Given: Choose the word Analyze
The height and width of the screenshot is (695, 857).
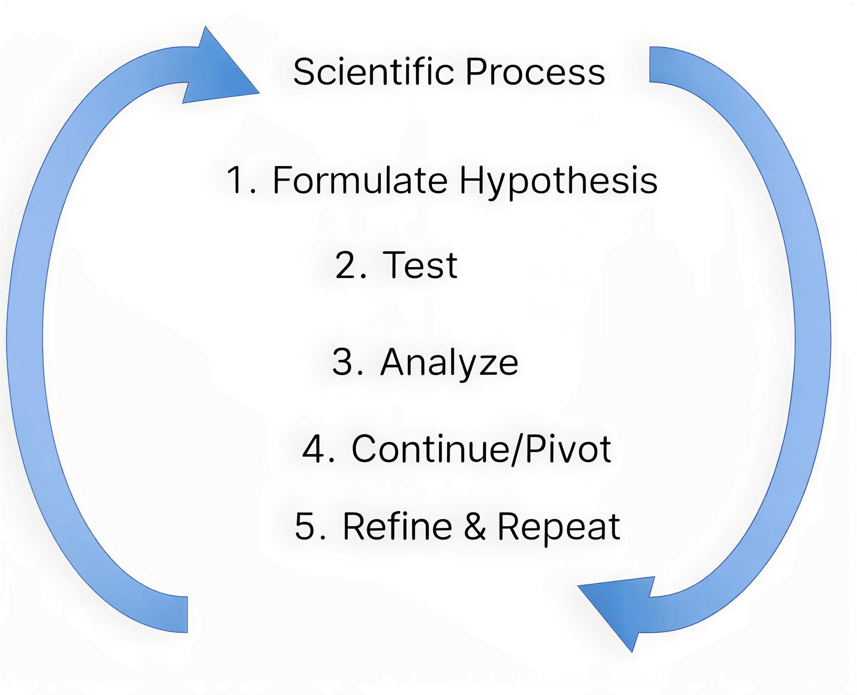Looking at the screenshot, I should (x=449, y=363).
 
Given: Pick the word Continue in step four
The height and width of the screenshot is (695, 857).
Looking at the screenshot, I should (x=431, y=449).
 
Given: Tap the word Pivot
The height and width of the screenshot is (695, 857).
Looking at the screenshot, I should (x=568, y=449).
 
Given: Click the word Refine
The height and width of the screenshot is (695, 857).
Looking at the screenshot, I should (x=398, y=527).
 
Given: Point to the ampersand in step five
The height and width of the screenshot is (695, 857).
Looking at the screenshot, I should (x=475, y=527).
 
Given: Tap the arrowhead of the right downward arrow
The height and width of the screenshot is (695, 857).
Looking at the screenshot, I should (x=618, y=613).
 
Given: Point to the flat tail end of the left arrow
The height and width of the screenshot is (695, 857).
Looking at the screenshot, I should (x=187, y=615).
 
